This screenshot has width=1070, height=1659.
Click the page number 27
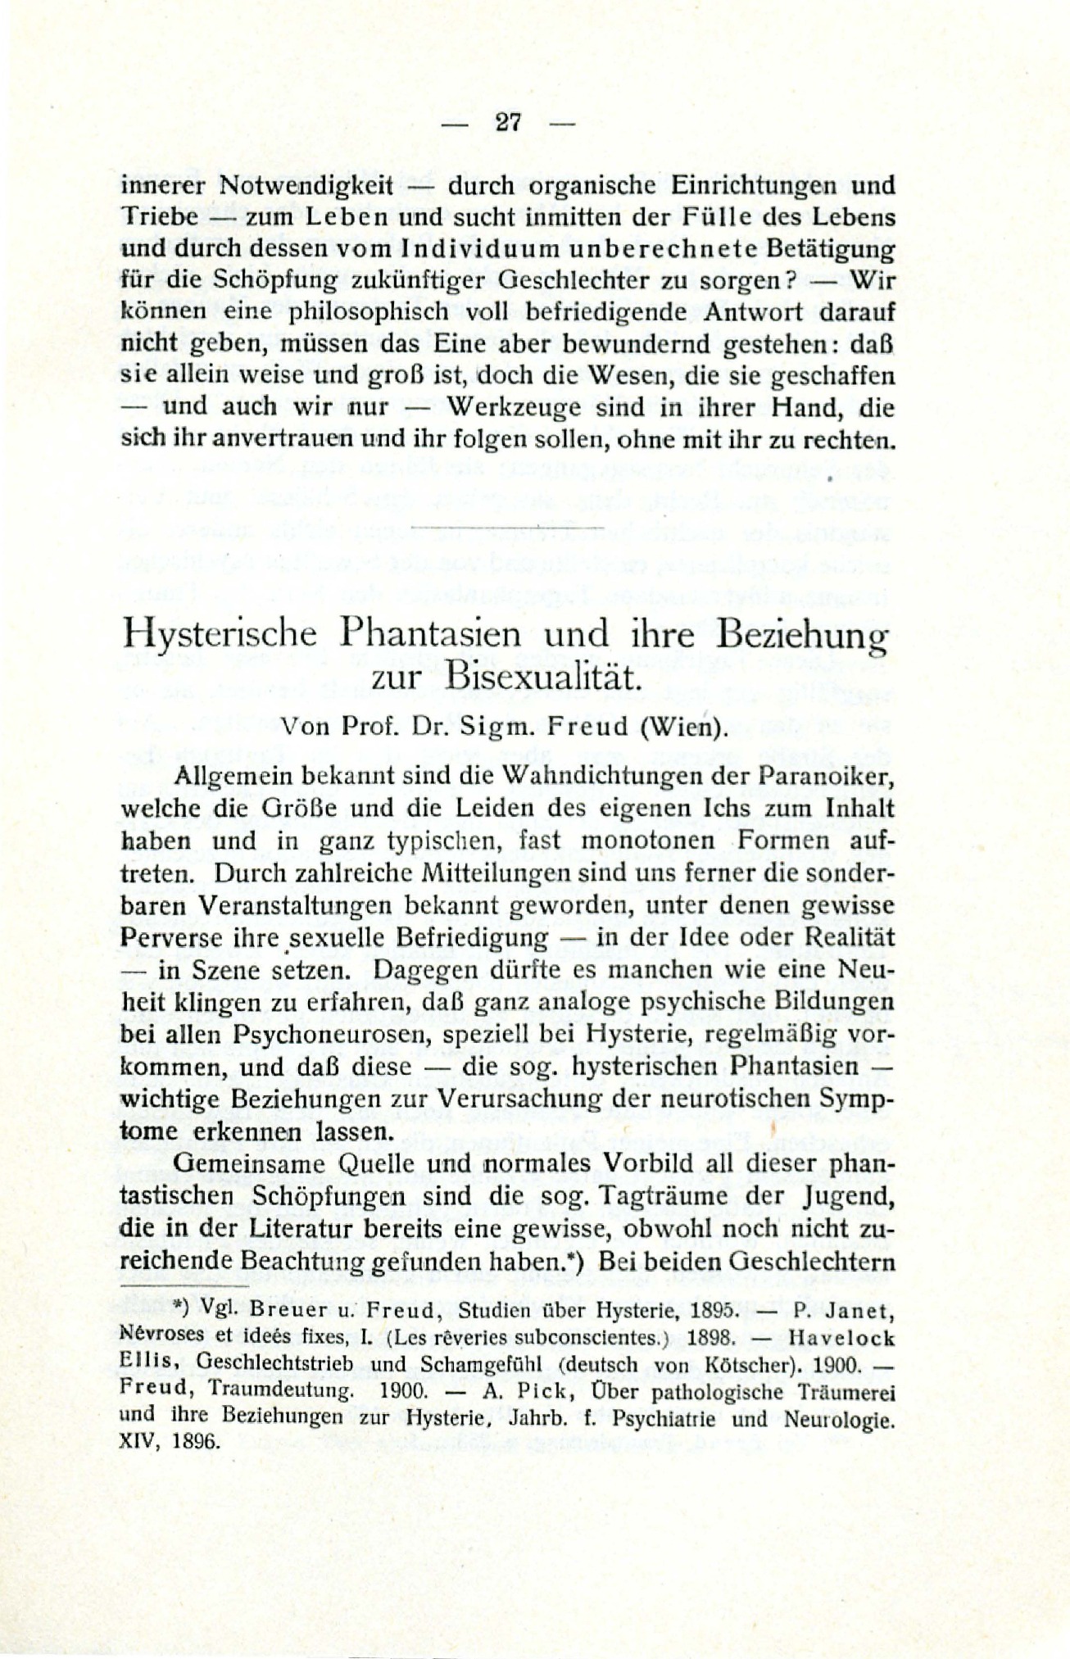(x=509, y=123)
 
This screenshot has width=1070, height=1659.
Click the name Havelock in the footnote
(x=843, y=1337)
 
